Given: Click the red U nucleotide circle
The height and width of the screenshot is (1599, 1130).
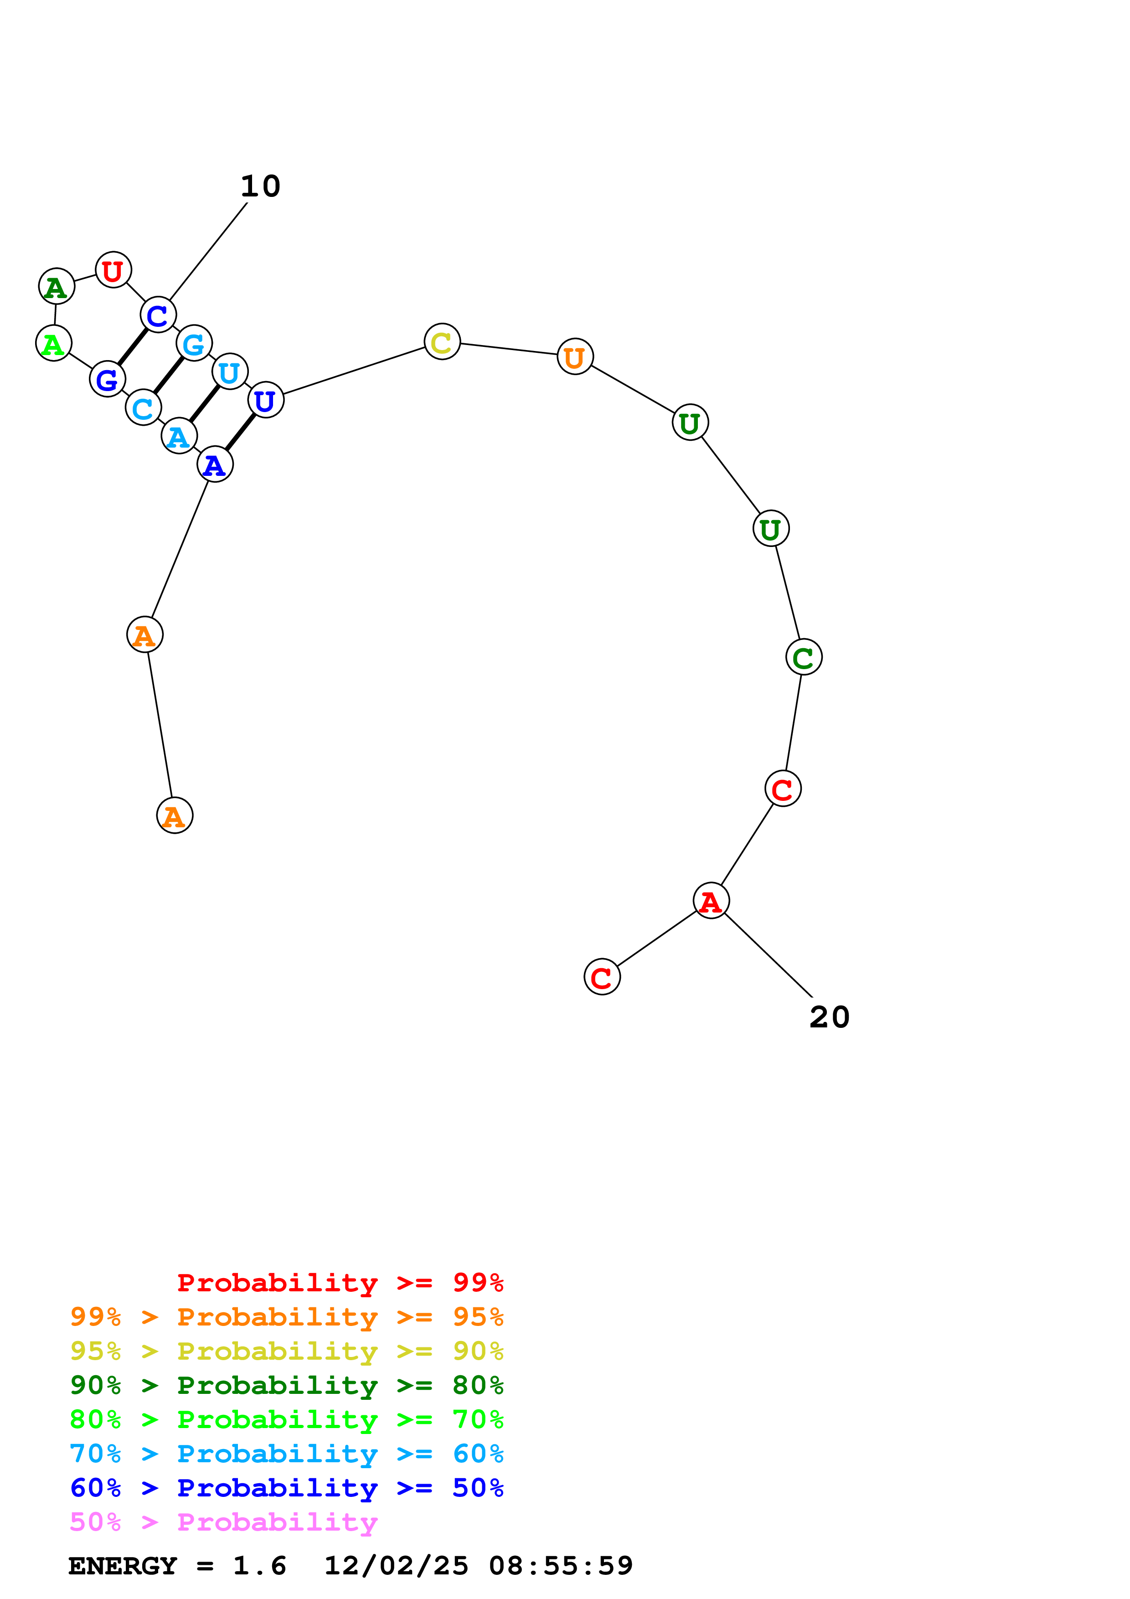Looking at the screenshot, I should (113, 270).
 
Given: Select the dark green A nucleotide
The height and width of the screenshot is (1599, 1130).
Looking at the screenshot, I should (57, 286).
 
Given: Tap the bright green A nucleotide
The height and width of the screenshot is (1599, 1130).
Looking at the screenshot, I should (54, 343).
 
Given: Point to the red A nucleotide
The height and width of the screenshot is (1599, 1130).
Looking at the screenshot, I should (710, 901).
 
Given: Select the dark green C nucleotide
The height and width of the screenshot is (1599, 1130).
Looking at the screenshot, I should (804, 657).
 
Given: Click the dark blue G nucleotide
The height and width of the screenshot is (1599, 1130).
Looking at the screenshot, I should (107, 380).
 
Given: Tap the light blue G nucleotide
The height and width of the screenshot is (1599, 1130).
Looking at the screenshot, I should (194, 343).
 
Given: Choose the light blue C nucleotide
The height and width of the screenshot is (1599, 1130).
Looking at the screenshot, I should (143, 408).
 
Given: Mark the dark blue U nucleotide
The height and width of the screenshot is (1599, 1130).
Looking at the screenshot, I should (265, 401).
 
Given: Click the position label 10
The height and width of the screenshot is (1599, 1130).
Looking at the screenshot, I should (260, 186).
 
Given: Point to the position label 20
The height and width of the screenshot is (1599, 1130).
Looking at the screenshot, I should (829, 1017).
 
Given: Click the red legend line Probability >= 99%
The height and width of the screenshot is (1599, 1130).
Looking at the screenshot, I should (340, 1283).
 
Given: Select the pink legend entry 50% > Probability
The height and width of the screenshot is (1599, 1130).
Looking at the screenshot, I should (223, 1522).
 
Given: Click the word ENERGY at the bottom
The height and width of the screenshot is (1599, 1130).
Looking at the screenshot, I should (123, 1566).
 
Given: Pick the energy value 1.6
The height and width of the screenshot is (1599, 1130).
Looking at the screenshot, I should (259, 1566).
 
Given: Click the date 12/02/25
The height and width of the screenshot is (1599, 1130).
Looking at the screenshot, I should (396, 1566).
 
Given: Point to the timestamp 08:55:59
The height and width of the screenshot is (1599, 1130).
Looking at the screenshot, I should (561, 1566).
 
